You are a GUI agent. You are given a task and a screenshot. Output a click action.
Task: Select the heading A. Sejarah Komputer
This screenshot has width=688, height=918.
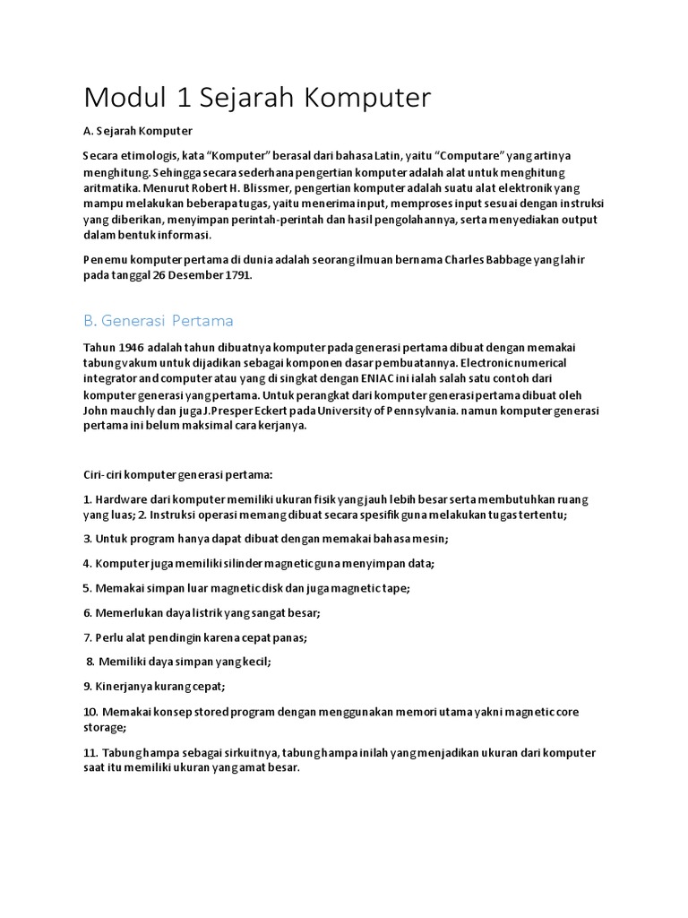(x=137, y=131)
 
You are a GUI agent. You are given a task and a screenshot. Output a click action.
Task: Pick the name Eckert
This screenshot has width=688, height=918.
(x=315, y=411)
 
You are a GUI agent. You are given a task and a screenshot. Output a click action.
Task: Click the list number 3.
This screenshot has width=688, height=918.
(x=87, y=539)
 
